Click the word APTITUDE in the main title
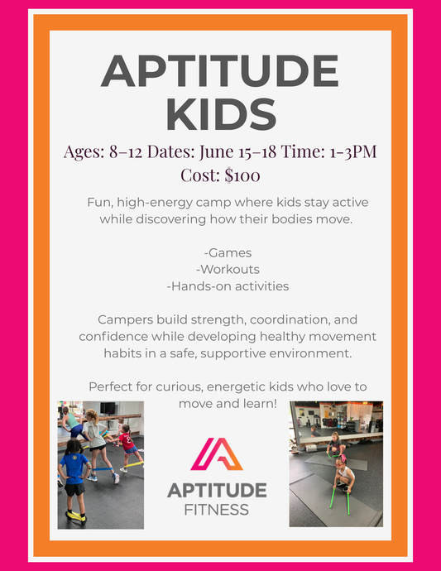tap(219, 73)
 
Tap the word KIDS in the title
tap(219, 114)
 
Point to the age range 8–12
tap(127, 152)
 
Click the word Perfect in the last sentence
tap(115, 386)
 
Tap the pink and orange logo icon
tap(217, 453)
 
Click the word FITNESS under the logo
tap(217, 510)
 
